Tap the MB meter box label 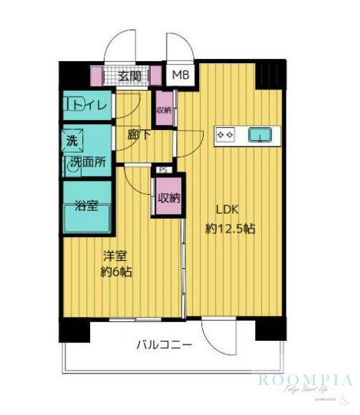(178, 74)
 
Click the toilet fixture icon (73, 106)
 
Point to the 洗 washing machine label (72, 139)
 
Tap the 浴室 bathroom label (87, 205)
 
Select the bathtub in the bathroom (87, 219)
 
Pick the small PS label (163, 171)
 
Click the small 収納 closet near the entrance (164, 110)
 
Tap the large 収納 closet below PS (169, 197)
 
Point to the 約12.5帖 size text (230, 228)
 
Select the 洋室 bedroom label (115, 256)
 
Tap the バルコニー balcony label (164, 345)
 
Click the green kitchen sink (259, 134)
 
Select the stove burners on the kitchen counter (225, 134)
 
